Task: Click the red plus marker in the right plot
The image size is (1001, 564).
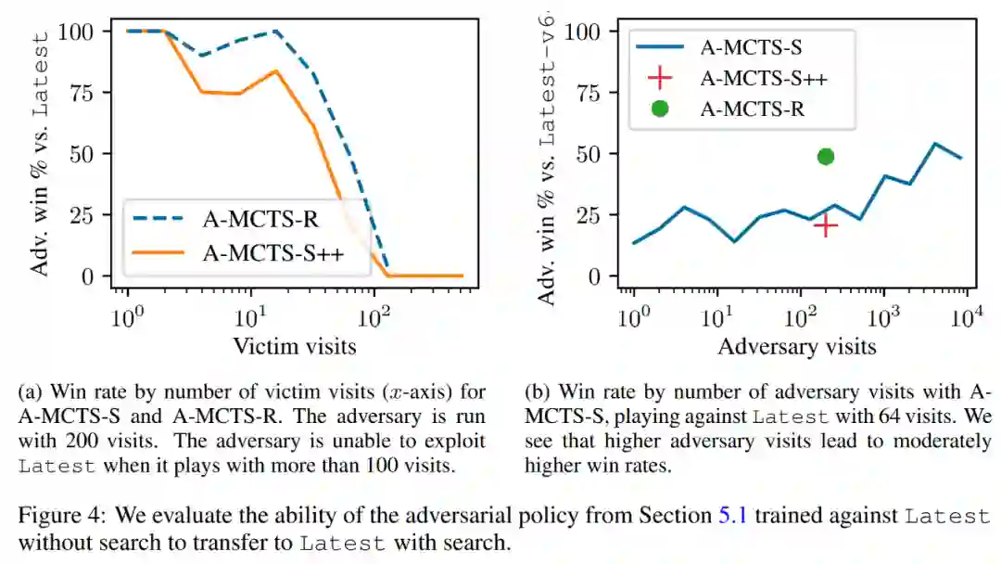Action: (825, 224)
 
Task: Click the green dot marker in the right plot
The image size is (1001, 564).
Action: (825, 156)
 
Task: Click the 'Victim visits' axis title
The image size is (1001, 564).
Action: (294, 347)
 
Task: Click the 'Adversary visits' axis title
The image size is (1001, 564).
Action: (796, 347)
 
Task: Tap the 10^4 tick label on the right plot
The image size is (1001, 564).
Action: (966, 318)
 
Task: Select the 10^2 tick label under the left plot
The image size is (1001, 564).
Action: (374, 318)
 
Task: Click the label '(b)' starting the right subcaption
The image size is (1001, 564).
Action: (536, 391)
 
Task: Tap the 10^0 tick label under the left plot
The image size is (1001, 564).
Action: (127, 318)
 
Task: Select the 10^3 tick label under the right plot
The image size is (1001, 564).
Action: (883, 318)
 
